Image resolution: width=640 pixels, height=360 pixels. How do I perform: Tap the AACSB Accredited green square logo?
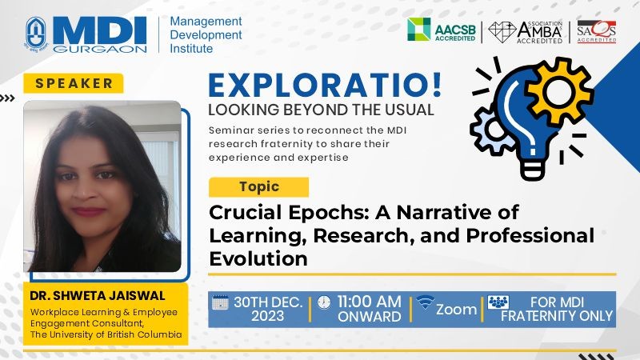(418, 30)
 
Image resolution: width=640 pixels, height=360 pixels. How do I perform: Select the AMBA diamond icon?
(502, 31)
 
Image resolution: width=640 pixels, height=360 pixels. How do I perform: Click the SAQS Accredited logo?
(596, 31)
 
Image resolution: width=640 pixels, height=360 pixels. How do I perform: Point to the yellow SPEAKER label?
(74, 83)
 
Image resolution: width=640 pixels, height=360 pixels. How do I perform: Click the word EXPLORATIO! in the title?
(325, 86)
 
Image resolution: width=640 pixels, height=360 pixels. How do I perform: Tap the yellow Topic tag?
(258, 187)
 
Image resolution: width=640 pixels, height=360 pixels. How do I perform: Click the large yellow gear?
(559, 91)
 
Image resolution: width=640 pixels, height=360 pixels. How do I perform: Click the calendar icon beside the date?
(221, 302)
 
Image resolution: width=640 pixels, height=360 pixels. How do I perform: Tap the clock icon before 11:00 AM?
(324, 302)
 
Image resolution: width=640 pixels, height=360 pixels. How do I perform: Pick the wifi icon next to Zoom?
(425, 302)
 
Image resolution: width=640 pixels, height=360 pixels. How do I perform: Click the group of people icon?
(498, 302)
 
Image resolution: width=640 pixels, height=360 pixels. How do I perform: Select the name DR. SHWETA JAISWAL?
(97, 295)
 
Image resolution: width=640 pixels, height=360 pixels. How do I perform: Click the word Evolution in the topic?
(258, 258)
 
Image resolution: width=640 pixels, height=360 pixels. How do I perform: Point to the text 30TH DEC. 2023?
(268, 309)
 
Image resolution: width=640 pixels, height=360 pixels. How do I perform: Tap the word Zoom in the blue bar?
(456, 310)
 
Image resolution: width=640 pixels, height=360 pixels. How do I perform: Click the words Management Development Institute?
(206, 34)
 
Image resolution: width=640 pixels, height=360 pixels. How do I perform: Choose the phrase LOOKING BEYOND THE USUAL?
(321, 110)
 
